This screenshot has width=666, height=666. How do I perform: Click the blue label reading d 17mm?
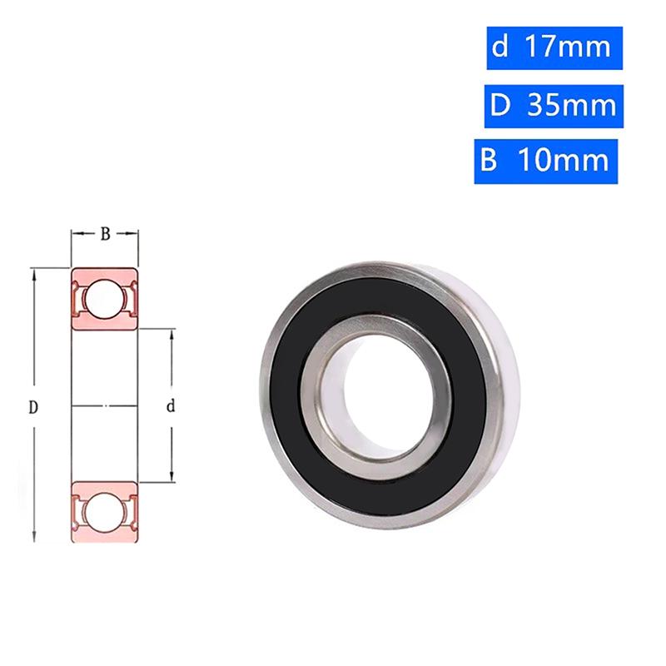(x=554, y=48)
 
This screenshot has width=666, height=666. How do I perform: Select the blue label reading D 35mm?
(x=554, y=107)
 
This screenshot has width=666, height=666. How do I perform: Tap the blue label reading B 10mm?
(x=546, y=162)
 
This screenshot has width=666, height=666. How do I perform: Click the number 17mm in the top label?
(x=569, y=47)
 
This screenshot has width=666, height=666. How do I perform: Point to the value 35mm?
(x=572, y=106)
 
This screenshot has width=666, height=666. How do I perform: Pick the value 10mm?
(x=564, y=161)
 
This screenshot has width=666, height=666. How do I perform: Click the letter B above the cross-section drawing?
(x=106, y=234)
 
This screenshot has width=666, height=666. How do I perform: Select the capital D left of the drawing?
(x=33, y=408)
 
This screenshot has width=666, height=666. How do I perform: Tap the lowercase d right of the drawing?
(x=171, y=407)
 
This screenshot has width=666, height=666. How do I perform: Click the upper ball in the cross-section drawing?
(x=105, y=299)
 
